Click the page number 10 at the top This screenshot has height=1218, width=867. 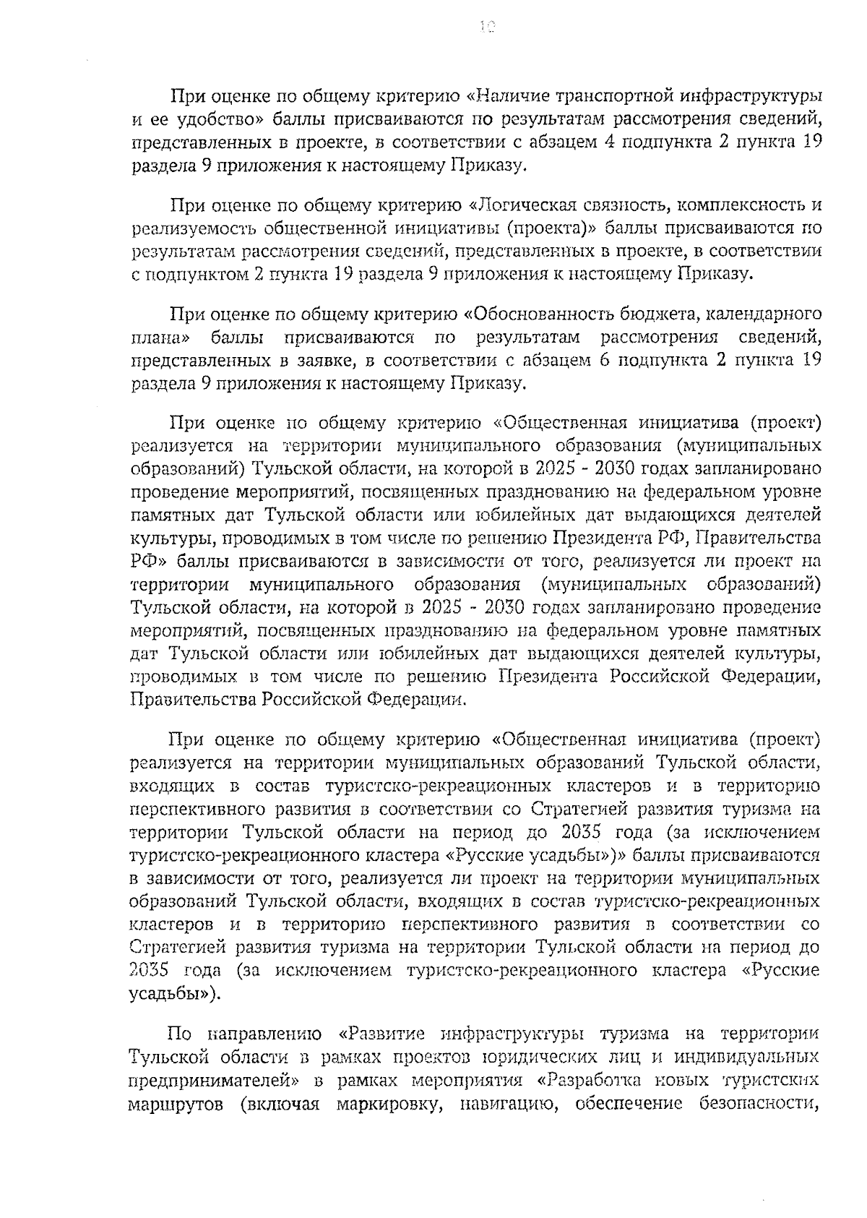(487, 27)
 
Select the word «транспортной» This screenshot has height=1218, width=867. (616, 95)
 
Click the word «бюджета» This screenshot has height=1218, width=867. (660, 315)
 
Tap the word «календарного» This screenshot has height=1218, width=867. (764, 316)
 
